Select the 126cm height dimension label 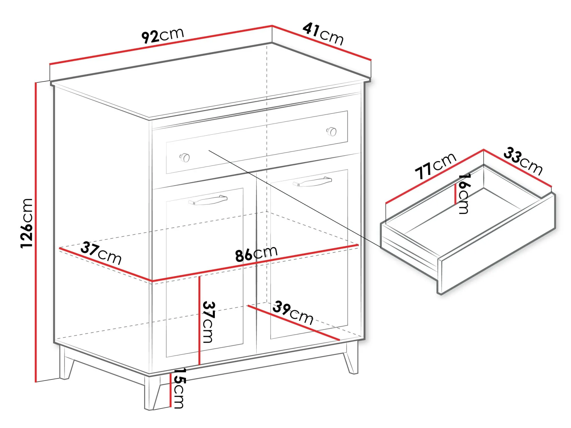point(27,223)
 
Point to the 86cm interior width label point(256,254)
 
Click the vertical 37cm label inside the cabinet point(209,322)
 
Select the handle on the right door point(312,182)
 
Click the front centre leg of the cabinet point(152,392)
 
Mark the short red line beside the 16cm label point(455,192)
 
